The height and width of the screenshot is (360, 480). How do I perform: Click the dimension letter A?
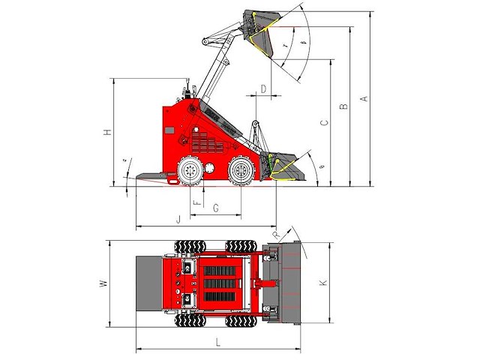[x=365, y=98]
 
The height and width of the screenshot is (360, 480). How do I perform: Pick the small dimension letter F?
[x=196, y=202]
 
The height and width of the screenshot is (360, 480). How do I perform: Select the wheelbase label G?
[x=215, y=207]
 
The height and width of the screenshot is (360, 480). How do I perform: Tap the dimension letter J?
[x=178, y=219]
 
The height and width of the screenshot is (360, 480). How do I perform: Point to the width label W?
[x=104, y=283]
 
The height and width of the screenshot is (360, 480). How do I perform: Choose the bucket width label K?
[x=323, y=283]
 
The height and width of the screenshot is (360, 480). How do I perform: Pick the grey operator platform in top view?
[x=149, y=283]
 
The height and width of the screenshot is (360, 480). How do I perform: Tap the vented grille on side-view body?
[x=198, y=142]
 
